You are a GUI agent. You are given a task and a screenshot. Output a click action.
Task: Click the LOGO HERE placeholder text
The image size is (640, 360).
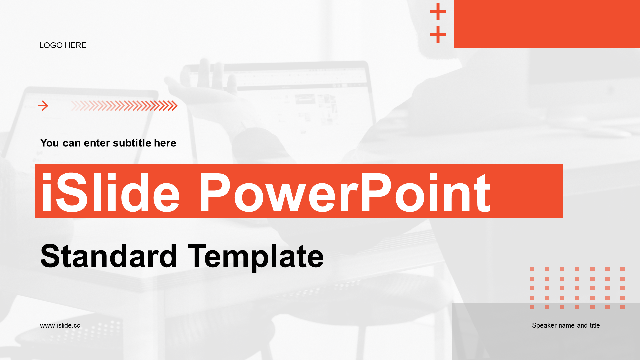(63, 45)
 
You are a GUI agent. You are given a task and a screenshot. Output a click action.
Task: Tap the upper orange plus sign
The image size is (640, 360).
(438, 12)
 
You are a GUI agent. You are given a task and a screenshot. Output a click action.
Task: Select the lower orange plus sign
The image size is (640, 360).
(438, 35)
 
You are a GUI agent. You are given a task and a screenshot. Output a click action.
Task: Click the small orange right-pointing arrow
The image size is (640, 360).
(43, 106)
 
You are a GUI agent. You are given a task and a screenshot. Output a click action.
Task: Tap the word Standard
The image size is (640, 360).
(109, 256)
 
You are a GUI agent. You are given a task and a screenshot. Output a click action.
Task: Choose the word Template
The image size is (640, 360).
(256, 257)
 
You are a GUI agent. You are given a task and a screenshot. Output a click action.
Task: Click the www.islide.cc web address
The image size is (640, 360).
(60, 326)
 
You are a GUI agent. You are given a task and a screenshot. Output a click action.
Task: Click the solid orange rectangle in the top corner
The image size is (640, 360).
(547, 24)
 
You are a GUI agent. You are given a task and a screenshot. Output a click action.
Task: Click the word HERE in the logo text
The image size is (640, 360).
(75, 45)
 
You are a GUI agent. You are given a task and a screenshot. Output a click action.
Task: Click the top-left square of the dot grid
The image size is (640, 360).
(532, 269)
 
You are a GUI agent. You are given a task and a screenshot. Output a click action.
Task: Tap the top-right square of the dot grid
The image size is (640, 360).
(622, 269)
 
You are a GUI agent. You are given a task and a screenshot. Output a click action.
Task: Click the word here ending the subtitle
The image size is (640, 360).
(165, 143)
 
